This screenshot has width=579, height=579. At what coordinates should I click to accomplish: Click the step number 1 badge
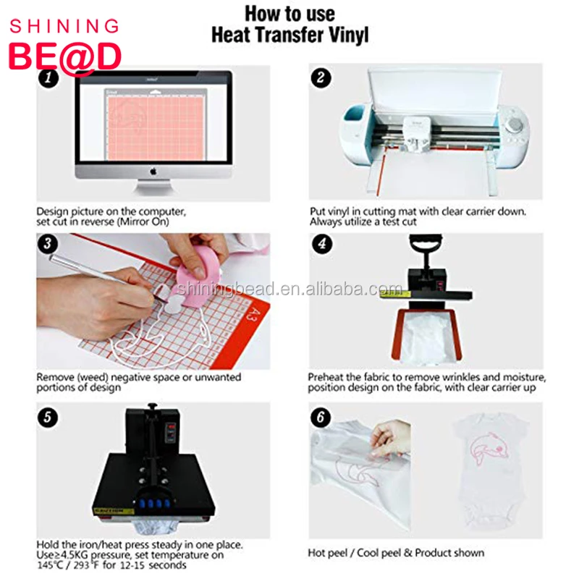[48, 78]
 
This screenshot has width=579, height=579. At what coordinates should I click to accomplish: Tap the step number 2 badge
[321, 77]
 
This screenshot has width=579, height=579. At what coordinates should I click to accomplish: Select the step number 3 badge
[48, 244]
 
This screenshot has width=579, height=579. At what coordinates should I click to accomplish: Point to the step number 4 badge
[322, 244]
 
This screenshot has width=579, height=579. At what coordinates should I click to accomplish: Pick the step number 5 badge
[48, 418]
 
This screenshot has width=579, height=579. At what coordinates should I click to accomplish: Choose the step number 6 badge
[321, 418]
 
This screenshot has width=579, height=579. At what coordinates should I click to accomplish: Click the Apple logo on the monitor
[153, 172]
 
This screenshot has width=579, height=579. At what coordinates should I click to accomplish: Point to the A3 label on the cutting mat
[253, 316]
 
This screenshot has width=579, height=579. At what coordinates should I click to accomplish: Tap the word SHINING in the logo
[64, 27]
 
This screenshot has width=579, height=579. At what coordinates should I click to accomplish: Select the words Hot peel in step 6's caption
[328, 553]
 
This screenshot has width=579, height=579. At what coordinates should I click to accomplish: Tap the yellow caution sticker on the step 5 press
[113, 511]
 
